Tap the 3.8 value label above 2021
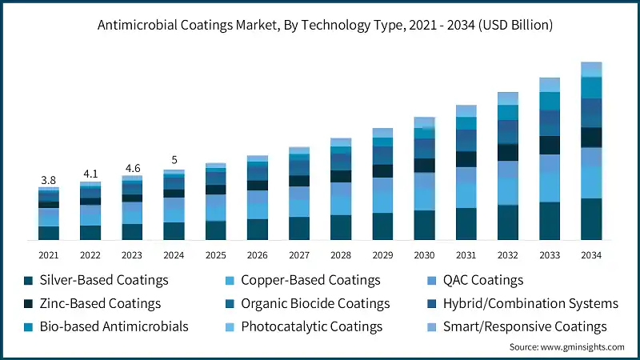coord(49,180)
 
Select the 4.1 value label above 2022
coord(90,174)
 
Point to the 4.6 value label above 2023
coord(132,169)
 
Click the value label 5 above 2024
coord(174,159)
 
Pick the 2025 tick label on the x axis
coord(215,254)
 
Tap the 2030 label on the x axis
coord(424,254)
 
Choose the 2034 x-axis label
coord(591,254)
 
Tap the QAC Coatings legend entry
coord(478,280)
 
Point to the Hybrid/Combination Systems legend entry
coord(521,303)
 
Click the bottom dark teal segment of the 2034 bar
coord(591,219)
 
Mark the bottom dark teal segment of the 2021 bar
coord(49,233)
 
